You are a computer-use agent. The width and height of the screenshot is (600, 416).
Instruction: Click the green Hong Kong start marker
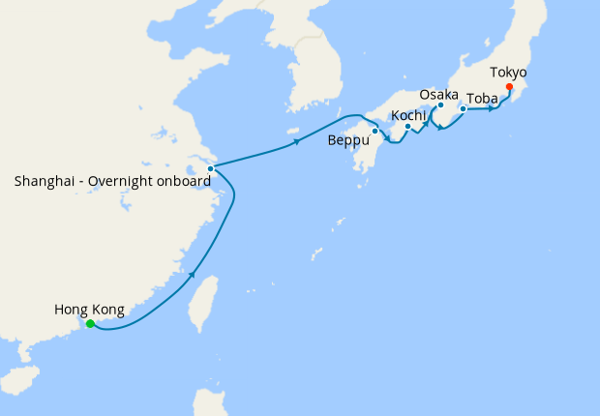(x=90, y=324)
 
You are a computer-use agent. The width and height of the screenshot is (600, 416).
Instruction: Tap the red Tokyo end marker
(x=510, y=94)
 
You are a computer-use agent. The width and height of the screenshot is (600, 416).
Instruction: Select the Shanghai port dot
(x=210, y=168)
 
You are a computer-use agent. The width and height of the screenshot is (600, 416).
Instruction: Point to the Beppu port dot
(x=375, y=131)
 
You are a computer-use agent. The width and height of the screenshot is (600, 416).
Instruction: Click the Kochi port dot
(x=408, y=126)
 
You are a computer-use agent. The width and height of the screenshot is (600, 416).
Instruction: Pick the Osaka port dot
(x=440, y=105)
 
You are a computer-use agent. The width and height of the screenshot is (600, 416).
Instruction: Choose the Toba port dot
(x=464, y=108)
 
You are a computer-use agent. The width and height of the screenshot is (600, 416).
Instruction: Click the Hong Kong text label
(x=89, y=310)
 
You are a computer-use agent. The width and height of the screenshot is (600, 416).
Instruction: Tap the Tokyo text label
(x=509, y=73)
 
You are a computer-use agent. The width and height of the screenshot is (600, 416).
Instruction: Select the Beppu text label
(x=347, y=141)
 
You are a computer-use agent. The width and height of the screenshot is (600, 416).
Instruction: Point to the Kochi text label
(x=408, y=116)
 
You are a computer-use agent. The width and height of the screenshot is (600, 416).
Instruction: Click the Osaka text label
(x=439, y=94)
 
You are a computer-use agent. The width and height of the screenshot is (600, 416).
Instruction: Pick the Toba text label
(x=483, y=99)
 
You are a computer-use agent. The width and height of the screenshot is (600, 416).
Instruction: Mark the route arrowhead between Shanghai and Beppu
(x=295, y=143)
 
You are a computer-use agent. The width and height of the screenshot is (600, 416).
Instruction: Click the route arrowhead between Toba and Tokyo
(x=492, y=107)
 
